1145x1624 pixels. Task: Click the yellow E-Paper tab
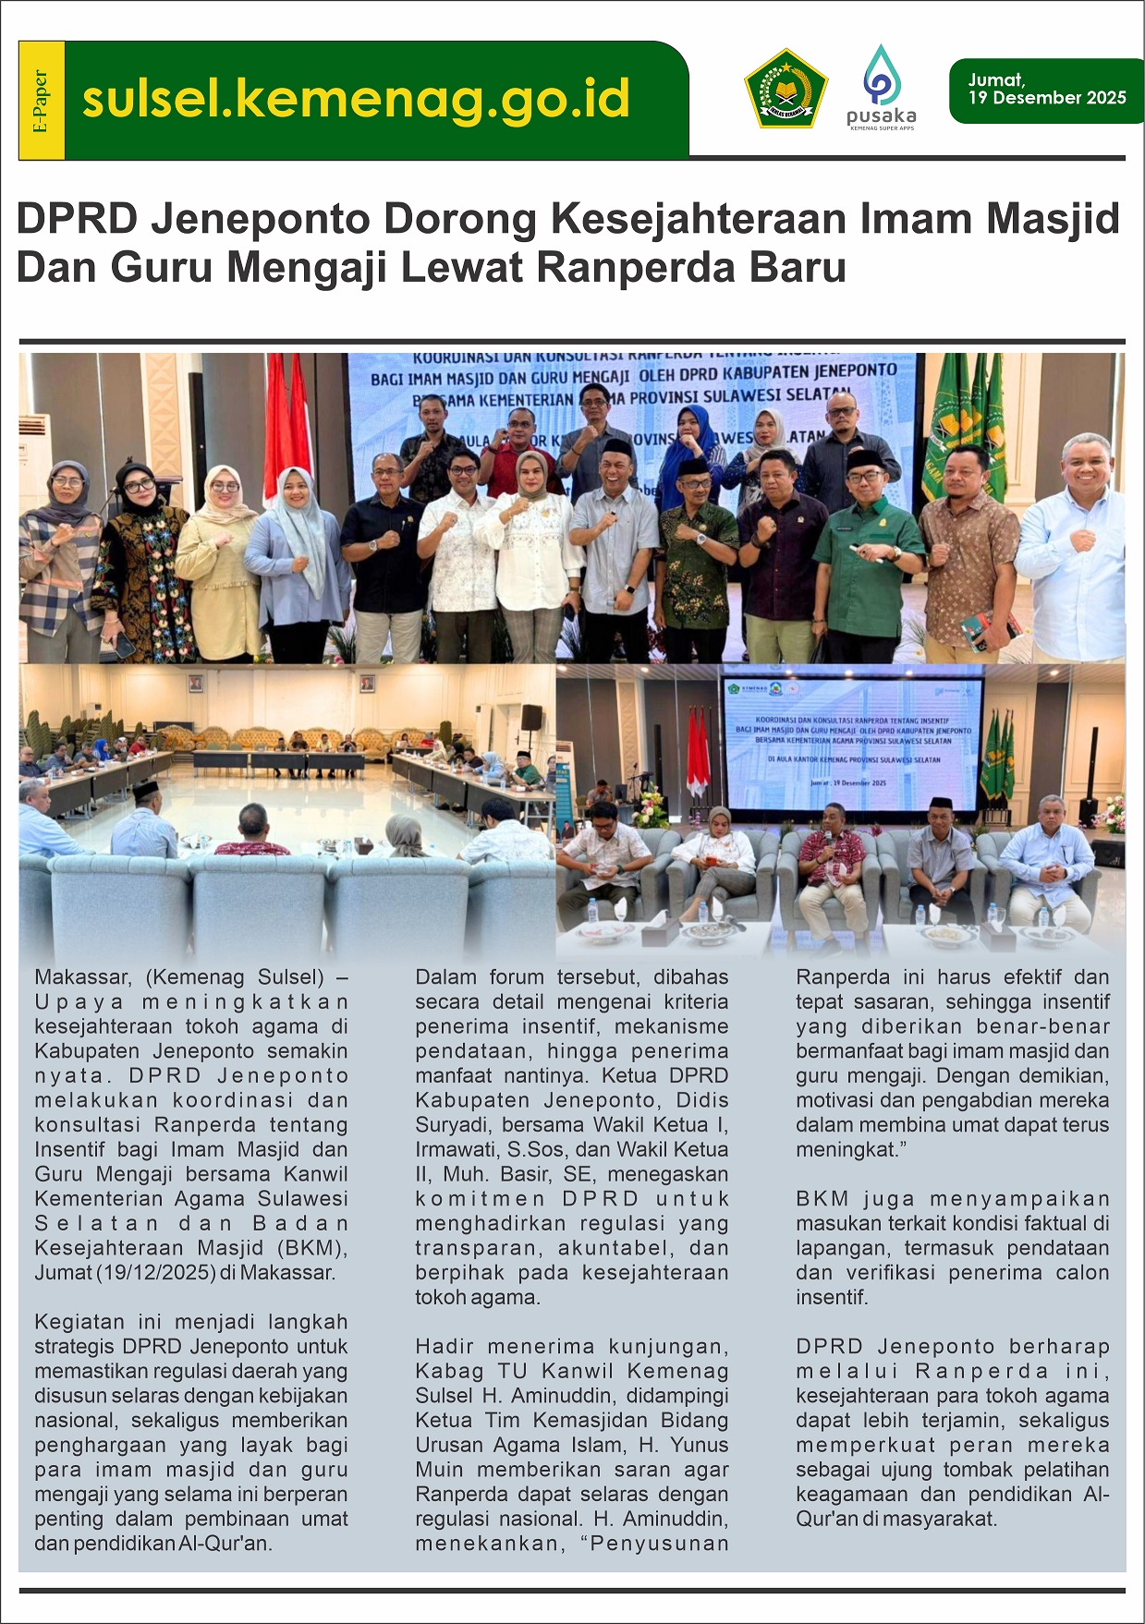[42, 101]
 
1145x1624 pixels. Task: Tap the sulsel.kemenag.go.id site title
[356, 100]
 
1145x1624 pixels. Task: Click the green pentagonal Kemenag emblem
[786, 90]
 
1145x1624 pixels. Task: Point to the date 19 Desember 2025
[1047, 98]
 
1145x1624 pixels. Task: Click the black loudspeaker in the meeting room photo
[531, 718]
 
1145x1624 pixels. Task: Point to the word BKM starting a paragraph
[822, 1199]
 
